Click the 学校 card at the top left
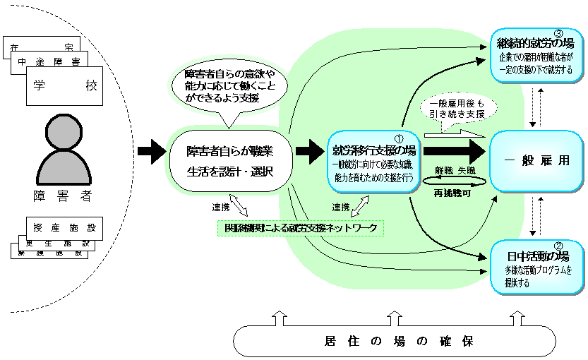pos(64,86)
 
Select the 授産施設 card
pos(63,227)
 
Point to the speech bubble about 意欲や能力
pos(232,86)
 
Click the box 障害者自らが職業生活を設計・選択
pos(229,161)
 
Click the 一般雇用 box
pos(536,161)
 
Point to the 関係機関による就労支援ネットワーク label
pos(301,227)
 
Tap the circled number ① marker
pos(397,140)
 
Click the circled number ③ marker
pos(558,34)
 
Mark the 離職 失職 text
pos(455,171)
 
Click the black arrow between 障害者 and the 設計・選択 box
pos(150,150)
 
